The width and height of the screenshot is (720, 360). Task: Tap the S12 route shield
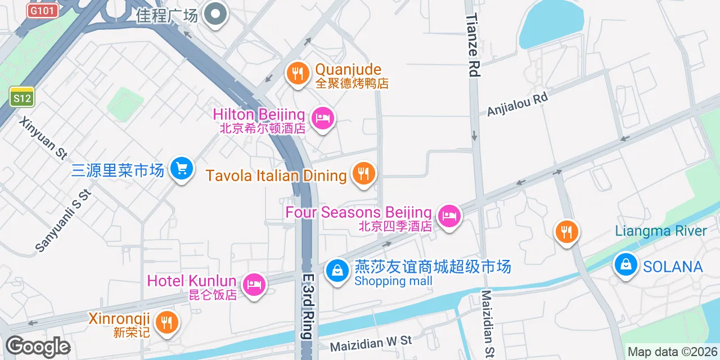pos(22,98)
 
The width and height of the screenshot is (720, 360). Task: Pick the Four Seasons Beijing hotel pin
pos(449,215)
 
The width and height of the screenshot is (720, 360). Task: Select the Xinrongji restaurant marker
pos(166,322)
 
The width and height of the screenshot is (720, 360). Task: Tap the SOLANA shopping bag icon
pos(625,264)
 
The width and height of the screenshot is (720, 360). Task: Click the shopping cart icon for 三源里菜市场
pos(181,168)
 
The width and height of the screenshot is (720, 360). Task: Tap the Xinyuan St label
pos(43,138)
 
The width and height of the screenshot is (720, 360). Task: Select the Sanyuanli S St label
pos(63,220)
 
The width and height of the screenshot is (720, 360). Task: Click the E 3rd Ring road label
pos(307,307)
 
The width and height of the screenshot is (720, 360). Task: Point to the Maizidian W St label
pos(371,344)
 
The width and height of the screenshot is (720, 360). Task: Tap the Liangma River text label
pos(661,231)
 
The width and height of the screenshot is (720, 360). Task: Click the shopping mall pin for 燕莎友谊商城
pos(337,271)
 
